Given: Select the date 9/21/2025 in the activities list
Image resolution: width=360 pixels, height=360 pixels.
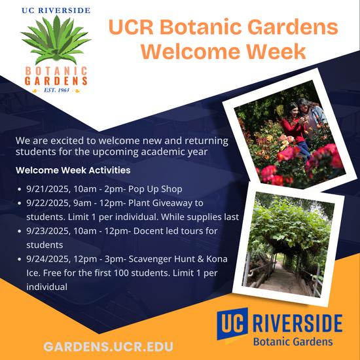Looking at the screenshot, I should tap(47, 189).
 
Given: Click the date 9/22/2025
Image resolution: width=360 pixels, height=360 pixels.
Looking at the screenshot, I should tap(47, 203).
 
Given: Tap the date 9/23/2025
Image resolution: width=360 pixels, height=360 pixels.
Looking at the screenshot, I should tap(47, 231).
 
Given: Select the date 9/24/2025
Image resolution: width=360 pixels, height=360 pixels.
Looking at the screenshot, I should tap(47, 259).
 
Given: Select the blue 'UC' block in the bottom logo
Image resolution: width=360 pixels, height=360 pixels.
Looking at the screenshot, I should tap(230, 325).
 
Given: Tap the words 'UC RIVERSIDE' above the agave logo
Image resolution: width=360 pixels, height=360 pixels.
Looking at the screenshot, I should tap(55, 10).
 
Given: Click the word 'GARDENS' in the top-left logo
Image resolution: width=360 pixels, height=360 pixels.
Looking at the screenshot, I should tap(55, 81).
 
